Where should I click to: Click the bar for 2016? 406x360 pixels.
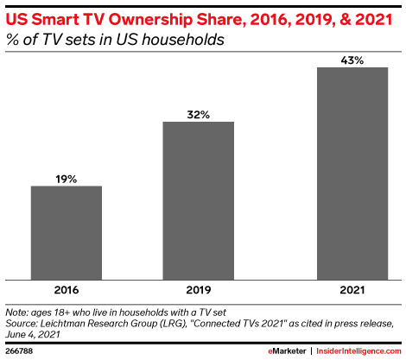[67, 232]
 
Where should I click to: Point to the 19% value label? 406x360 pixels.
[67, 179]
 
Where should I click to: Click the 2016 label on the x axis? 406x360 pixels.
[67, 292]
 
